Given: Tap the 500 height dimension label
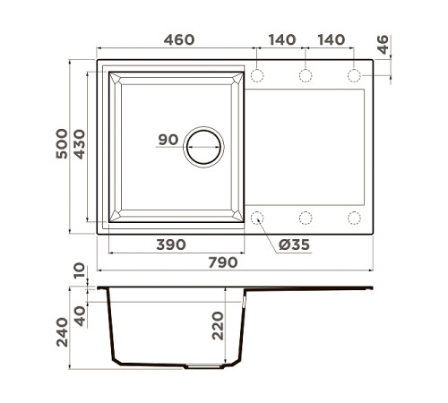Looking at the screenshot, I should click(58, 146).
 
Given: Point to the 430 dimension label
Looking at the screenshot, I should click(79, 146).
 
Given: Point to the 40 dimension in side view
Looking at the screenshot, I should click(81, 315).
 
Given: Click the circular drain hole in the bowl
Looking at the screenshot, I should click(204, 146).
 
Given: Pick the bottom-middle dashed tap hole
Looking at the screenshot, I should click(305, 217).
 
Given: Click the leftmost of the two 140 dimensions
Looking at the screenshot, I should click(281, 40).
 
